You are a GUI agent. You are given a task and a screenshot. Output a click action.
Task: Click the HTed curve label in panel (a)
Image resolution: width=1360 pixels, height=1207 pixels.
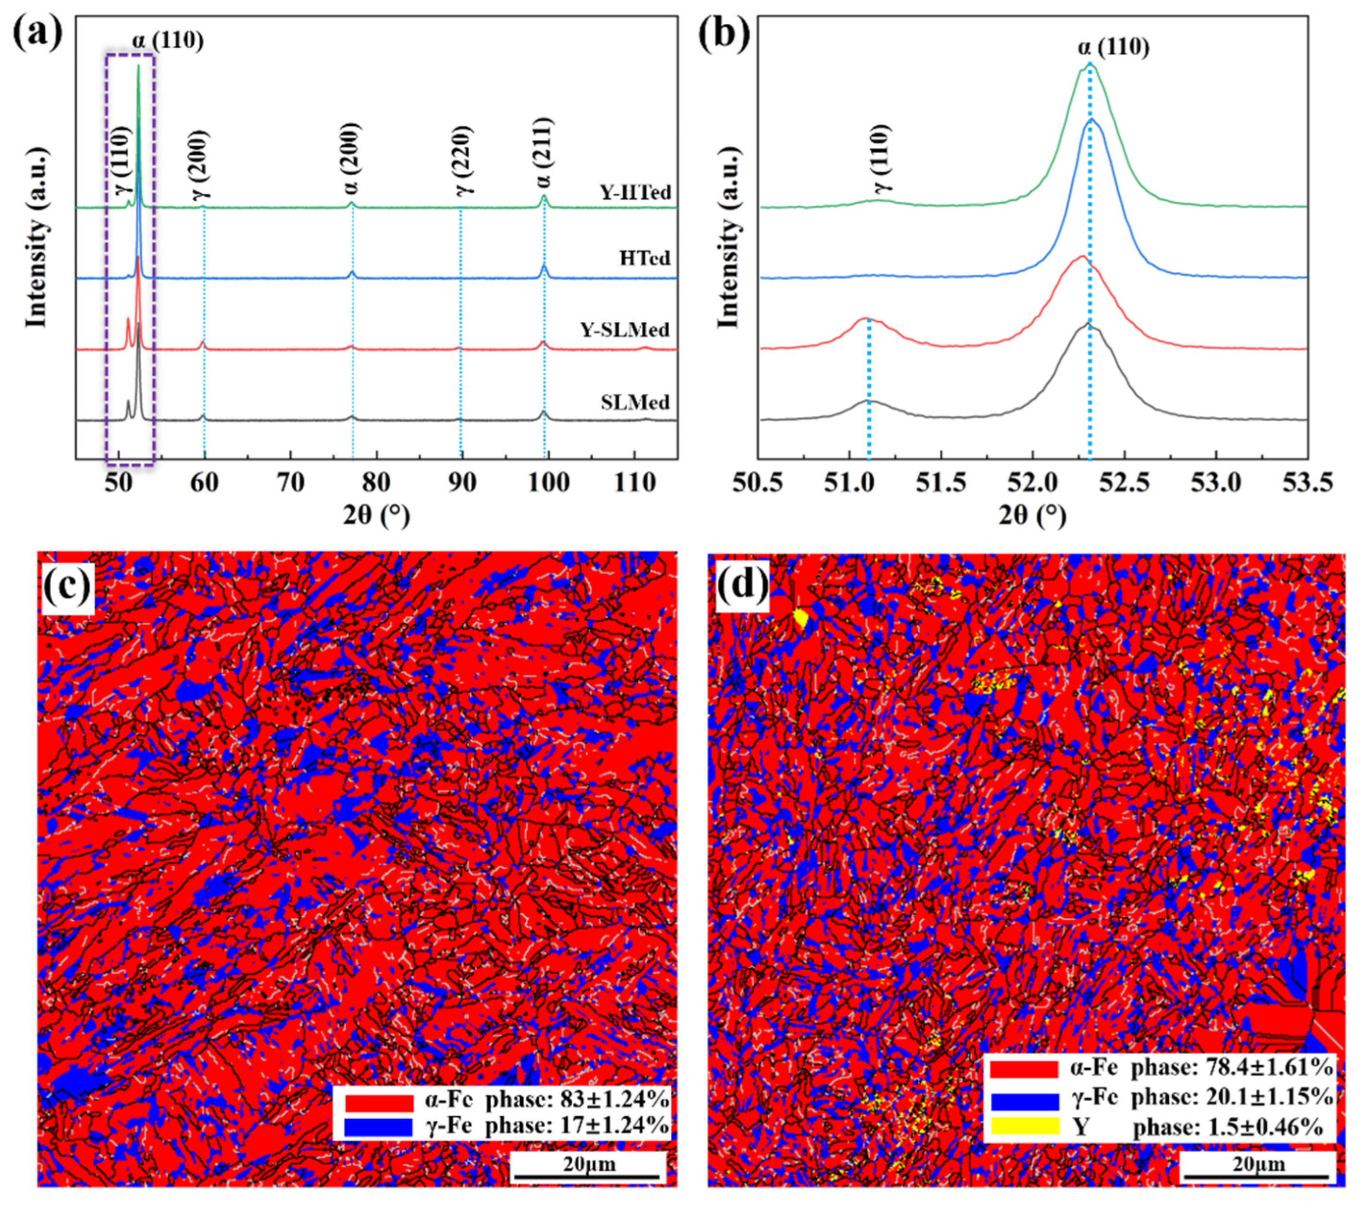644,258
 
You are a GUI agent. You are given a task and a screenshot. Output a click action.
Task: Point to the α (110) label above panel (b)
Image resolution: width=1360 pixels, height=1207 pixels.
1113,47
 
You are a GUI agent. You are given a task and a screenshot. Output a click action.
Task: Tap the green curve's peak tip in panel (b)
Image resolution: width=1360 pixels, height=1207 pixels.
1089,64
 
